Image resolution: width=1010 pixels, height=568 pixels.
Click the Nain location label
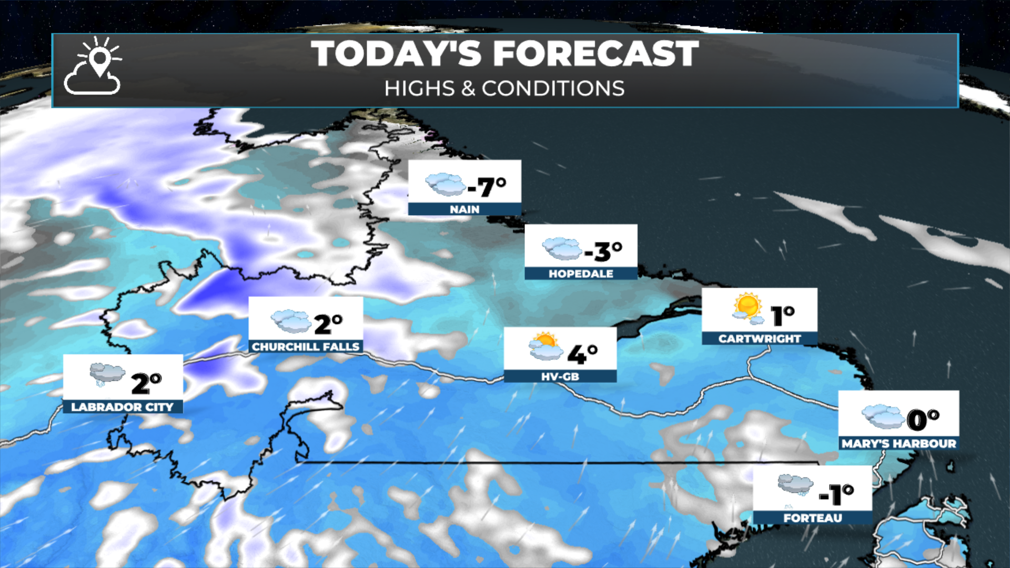click(x=464, y=209)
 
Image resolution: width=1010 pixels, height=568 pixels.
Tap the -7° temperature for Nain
click(x=487, y=187)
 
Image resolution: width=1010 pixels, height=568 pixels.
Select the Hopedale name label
click(x=581, y=273)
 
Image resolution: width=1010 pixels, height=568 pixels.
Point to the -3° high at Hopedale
click(x=603, y=251)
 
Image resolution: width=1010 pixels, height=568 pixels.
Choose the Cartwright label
click(x=760, y=339)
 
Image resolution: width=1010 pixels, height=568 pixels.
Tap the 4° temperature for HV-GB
click(x=582, y=353)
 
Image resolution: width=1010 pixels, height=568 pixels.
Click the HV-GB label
click(x=560, y=377)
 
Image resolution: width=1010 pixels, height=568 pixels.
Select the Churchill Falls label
click(x=306, y=347)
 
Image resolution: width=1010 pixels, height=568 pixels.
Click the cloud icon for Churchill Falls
click(x=291, y=321)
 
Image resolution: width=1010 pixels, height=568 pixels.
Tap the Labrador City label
click(x=122, y=407)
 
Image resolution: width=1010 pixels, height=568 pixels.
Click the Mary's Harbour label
click(x=898, y=443)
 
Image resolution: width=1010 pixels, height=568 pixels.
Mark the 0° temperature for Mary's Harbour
click(x=923, y=419)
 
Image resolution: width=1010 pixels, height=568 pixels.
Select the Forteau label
click(x=812, y=518)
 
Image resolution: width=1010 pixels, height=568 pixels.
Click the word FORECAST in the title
click(x=595, y=54)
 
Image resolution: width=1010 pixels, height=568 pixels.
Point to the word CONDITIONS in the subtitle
click(x=553, y=88)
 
